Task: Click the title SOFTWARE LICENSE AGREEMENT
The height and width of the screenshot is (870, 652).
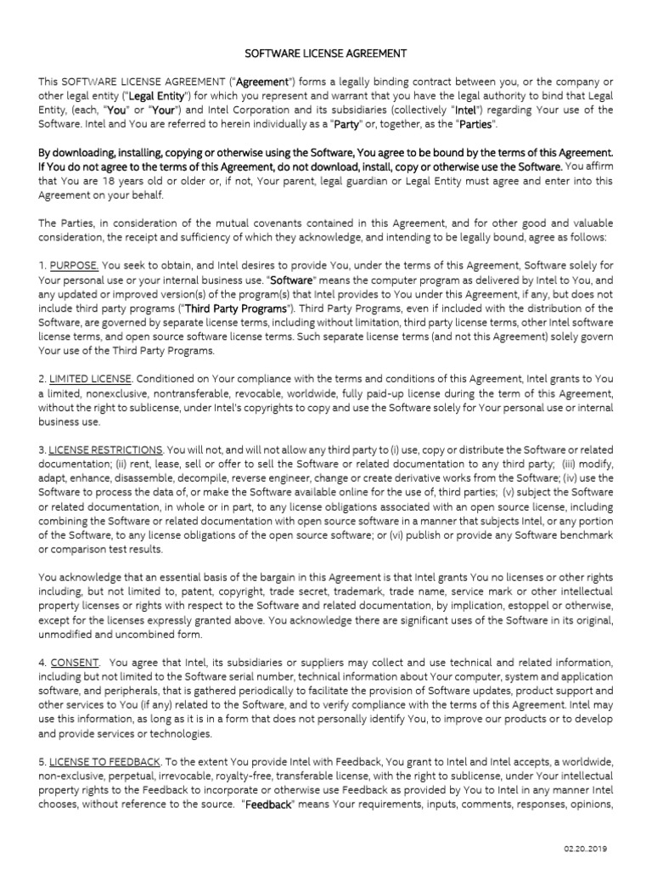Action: click(x=326, y=54)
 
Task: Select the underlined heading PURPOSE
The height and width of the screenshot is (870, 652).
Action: click(x=74, y=266)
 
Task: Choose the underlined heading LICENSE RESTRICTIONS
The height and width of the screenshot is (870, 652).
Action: click(x=106, y=449)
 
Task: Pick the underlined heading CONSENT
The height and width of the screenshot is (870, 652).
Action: click(x=75, y=662)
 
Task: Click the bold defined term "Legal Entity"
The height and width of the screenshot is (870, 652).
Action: click(x=156, y=96)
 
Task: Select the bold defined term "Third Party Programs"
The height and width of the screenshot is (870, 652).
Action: click(x=236, y=308)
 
